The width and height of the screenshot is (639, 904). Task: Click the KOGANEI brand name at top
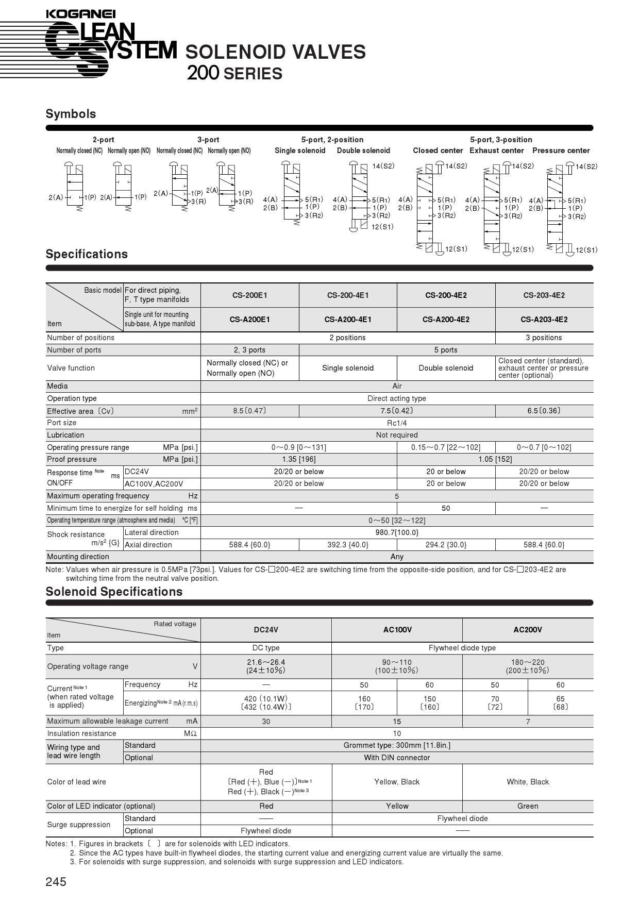(80, 14)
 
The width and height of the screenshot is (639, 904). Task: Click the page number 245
(56, 882)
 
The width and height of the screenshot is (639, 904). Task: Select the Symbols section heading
(71, 114)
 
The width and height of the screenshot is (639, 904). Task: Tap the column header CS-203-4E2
(544, 295)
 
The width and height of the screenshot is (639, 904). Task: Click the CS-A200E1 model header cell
(249, 320)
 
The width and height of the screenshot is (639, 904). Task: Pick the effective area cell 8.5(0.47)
(249, 411)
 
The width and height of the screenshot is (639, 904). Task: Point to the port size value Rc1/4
(397, 423)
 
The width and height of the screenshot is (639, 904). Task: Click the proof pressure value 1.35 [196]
(299, 459)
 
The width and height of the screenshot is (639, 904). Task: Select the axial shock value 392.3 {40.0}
(348, 545)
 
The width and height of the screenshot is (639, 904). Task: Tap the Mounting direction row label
(78, 557)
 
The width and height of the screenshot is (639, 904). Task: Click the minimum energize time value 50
(446, 508)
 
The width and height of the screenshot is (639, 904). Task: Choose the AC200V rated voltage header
(528, 630)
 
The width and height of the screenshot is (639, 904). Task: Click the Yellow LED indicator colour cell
(397, 806)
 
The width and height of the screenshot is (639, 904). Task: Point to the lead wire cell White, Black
(528, 782)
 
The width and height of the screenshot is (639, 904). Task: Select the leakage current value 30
(266, 722)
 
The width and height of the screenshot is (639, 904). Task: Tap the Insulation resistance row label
(81, 733)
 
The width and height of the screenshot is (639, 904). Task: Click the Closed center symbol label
(438, 150)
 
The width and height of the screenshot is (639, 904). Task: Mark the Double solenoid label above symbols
(363, 150)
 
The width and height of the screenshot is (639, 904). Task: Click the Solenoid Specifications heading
(114, 592)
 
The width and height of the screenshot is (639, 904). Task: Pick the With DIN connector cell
(397, 758)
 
